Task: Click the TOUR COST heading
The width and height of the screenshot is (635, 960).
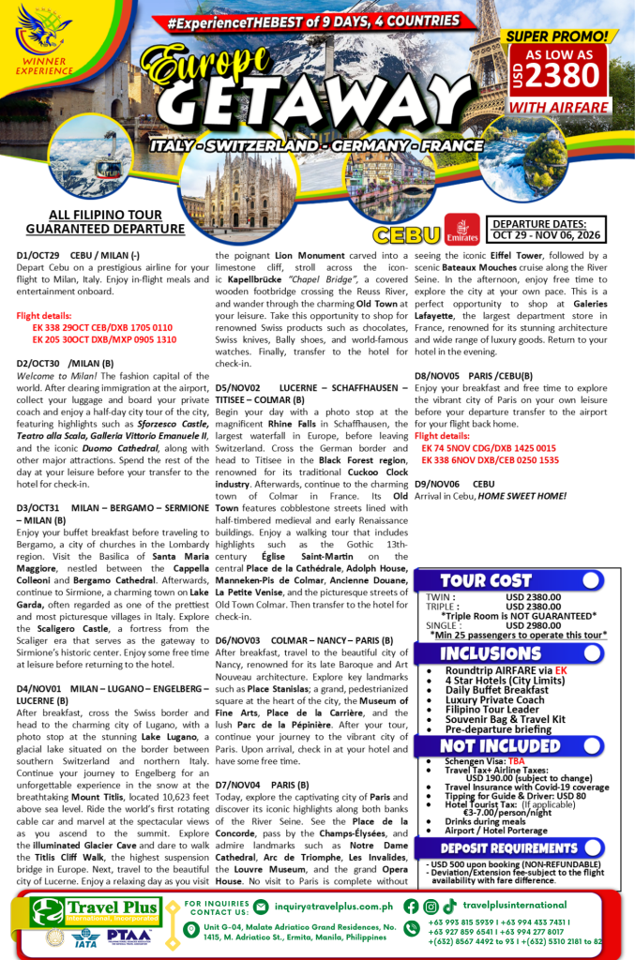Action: (x=486, y=580)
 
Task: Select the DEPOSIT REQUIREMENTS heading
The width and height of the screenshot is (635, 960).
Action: (x=493, y=846)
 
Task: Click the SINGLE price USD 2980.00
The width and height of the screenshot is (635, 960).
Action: (x=533, y=623)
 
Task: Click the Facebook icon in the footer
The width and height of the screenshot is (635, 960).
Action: (x=410, y=906)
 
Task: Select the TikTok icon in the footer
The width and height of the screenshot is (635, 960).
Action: (x=450, y=906)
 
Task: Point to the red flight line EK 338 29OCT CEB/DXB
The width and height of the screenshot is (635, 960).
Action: (x=102, y=327)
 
